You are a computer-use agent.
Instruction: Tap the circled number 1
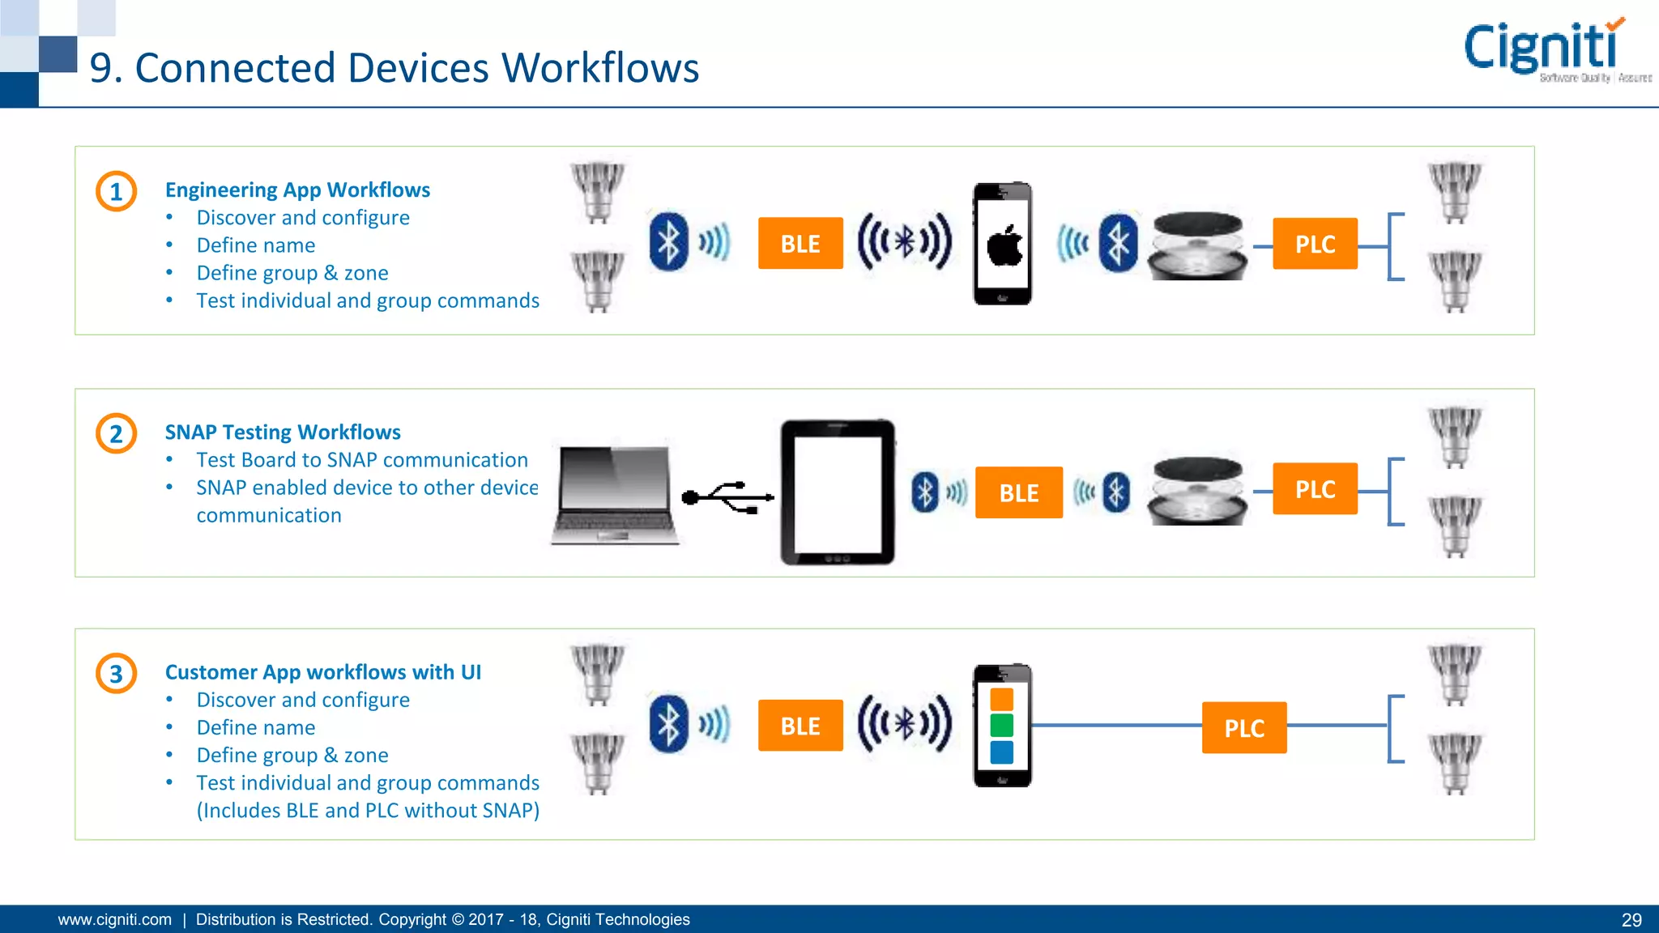(x=117, y=192)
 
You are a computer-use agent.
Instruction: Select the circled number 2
(x=117, y=433)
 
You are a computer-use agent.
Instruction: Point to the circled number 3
(x=117, y=674)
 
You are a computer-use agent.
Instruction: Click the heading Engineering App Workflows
(x=297, y=190)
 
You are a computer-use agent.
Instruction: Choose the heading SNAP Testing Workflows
(x=283, y=432)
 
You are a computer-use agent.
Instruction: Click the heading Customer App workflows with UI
(x=322, y=672)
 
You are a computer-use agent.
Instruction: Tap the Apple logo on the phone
(x=1004, y=246)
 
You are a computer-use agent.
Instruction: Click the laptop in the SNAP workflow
(x=614, y=494)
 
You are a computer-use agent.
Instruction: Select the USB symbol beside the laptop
(x=727, y=496)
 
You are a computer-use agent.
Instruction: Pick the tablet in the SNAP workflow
(x=838, y=492)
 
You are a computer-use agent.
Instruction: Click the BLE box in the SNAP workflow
(x=1018, y=492)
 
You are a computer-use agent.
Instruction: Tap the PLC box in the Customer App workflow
(x=1244, y=727)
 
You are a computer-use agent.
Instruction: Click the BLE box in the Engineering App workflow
(x=800, y=243)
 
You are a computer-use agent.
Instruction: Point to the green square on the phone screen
(x=1002, y=725)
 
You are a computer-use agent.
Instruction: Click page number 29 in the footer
(x=1631, y=920)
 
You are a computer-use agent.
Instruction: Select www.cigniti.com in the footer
(x=115, y=920)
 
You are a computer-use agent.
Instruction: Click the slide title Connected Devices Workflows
(x=394, y=68)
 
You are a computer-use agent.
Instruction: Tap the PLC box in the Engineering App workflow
(x=1315, y=243)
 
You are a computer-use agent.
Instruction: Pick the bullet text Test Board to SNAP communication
(x=361, y=460)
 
